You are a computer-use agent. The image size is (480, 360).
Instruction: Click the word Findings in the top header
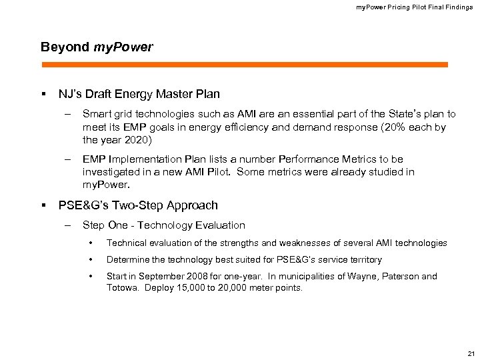[458, 7]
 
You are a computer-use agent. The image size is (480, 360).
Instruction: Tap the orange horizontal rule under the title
[244, 65]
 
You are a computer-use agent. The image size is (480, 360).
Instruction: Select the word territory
[364, 260]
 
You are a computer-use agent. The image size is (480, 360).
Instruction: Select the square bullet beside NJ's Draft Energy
[43, 94]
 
